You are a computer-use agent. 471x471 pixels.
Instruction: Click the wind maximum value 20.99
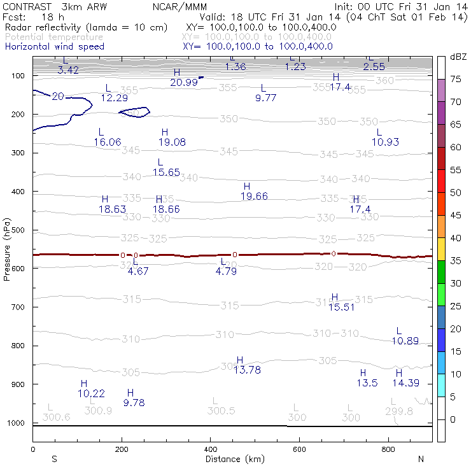coord(184,82)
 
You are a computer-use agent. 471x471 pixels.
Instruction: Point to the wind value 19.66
coord(254,196)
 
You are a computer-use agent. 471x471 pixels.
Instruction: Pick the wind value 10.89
coord(405,341)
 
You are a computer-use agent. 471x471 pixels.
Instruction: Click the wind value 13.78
coord(247,370)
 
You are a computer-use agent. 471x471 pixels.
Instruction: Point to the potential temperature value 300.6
coord(56,417)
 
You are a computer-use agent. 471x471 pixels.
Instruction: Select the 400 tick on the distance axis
coord(210,449)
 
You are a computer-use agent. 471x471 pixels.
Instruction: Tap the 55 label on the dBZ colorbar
coord(456,170)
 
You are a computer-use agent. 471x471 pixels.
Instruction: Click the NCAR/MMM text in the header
coord(178,6)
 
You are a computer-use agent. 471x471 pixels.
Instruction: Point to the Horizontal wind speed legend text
coord(54,46)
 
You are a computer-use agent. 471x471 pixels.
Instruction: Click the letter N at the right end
coord(420,458)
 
